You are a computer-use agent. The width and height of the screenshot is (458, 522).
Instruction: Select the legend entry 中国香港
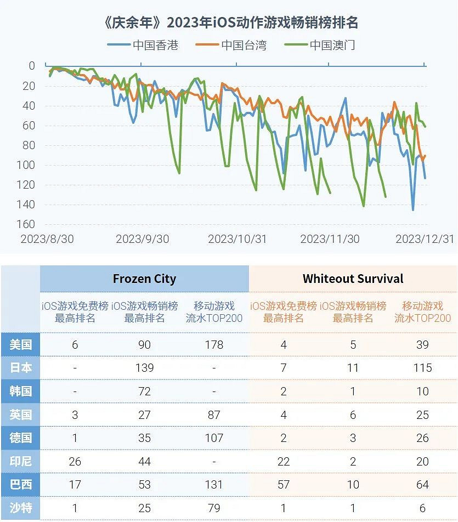click(144, 45)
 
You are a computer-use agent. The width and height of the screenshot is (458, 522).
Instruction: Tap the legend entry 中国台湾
click(233, 45)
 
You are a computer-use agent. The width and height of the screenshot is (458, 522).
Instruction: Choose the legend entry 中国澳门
click(322, 45)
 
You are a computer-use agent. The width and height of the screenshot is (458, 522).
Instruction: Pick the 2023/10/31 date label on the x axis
click(237, 239)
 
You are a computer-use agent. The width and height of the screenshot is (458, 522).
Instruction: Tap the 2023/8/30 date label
click(47, 239)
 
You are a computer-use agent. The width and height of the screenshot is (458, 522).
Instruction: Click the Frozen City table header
click(144, 279)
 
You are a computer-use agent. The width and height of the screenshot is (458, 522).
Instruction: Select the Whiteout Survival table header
click(353, 279)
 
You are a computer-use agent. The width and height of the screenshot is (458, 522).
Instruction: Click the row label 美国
click(20, 344)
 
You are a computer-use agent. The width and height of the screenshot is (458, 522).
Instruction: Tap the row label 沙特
click(20, 508)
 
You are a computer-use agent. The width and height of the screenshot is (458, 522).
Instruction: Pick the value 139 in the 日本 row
click(144, 368)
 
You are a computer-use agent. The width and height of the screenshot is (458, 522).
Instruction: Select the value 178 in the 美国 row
click(214, 344)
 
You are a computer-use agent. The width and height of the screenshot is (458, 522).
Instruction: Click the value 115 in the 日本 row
click(422, 368)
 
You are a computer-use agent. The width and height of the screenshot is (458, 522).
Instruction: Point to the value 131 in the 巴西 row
click(214, 485)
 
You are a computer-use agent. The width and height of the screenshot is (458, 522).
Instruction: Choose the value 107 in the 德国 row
click(214, 438)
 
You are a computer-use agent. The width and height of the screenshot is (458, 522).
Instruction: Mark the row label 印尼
click(20, 462)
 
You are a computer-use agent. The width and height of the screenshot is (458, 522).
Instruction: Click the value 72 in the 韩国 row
click(144, 392)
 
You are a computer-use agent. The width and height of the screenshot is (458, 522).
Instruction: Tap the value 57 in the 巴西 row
click(284, 485)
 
